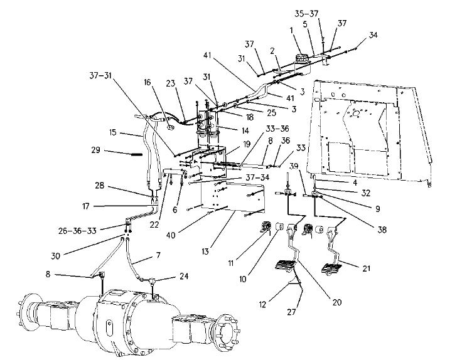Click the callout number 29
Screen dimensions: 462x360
(96, 150)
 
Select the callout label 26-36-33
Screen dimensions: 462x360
(77, 230)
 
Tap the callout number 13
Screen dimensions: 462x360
(205, 251)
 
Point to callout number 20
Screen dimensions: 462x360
(337, 302)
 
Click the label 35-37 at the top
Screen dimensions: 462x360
(307, 14)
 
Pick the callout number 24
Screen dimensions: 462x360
(184, 276)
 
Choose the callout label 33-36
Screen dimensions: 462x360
(277, 129)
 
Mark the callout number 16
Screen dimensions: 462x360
(148, 82)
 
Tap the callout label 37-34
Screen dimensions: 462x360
(257, 177)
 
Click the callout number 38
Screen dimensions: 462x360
(382, 230)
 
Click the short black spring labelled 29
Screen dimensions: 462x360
(137, 154)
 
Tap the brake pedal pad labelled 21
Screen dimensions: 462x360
(331, 269)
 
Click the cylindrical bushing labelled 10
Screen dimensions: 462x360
(279, 227)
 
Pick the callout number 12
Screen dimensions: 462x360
(262, 304)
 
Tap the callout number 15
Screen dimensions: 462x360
(112, 132)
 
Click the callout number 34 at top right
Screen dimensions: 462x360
(373, 34)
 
